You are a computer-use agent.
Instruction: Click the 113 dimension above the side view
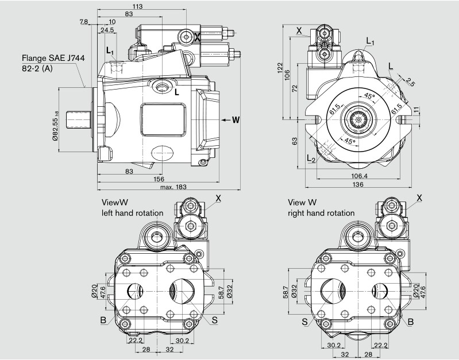[x=137, y=6]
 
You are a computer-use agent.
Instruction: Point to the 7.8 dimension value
[x=84, y=22]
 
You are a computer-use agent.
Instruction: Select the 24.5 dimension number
[x=107, y=30]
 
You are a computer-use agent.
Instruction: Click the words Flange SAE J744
[x=48, y=58]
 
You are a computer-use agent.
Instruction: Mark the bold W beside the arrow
[x=236, y=120]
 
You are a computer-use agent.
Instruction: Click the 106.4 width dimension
[x=358, y=176]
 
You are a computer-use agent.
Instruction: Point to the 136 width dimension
[x=358, y=184]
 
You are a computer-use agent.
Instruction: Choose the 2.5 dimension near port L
[x=409, y=81]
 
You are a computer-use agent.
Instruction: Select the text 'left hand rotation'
[x=133, y=212]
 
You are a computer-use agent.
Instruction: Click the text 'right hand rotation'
[x=321, y=212]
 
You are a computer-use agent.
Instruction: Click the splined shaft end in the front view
[x=360, y=119]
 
